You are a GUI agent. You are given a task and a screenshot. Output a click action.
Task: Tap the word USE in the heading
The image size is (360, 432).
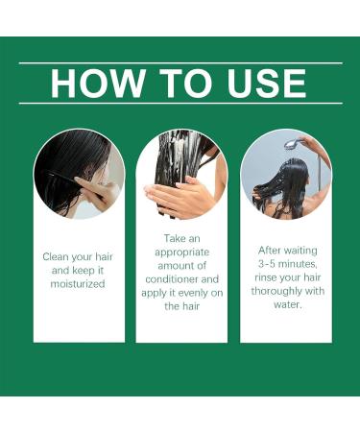(x=267, y=84)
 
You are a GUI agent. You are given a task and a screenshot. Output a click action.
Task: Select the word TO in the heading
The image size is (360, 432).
(x=186, y=84)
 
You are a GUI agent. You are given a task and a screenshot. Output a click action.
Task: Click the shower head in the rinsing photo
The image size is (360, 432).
(x=293, y=143)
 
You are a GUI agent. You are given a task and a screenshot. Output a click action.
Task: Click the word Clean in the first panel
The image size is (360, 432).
(x=56, y=256)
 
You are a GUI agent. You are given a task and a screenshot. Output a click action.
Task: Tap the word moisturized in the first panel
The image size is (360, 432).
(x=78, y=284)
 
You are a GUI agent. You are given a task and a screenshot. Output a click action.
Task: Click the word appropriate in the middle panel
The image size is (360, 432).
(x=181, y=252)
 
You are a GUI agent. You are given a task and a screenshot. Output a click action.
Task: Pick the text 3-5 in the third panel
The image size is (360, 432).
(x=267, y=264)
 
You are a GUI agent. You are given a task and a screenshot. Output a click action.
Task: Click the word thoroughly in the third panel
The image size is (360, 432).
(x=276, y=292)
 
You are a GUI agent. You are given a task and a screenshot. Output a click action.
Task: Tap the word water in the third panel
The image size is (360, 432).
(x=287, y=304)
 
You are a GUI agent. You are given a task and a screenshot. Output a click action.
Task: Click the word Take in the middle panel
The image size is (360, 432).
(x=173, y=238)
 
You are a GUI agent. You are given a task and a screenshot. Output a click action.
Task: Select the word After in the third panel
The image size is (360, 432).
(x=269, y=251)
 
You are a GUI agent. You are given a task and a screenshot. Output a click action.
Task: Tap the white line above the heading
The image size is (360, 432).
(x=180, y=63)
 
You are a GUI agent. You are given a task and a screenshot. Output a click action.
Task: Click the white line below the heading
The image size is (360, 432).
(x=180, y=104)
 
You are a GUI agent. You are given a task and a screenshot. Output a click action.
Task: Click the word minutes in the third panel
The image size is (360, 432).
(x=298, y=264)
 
